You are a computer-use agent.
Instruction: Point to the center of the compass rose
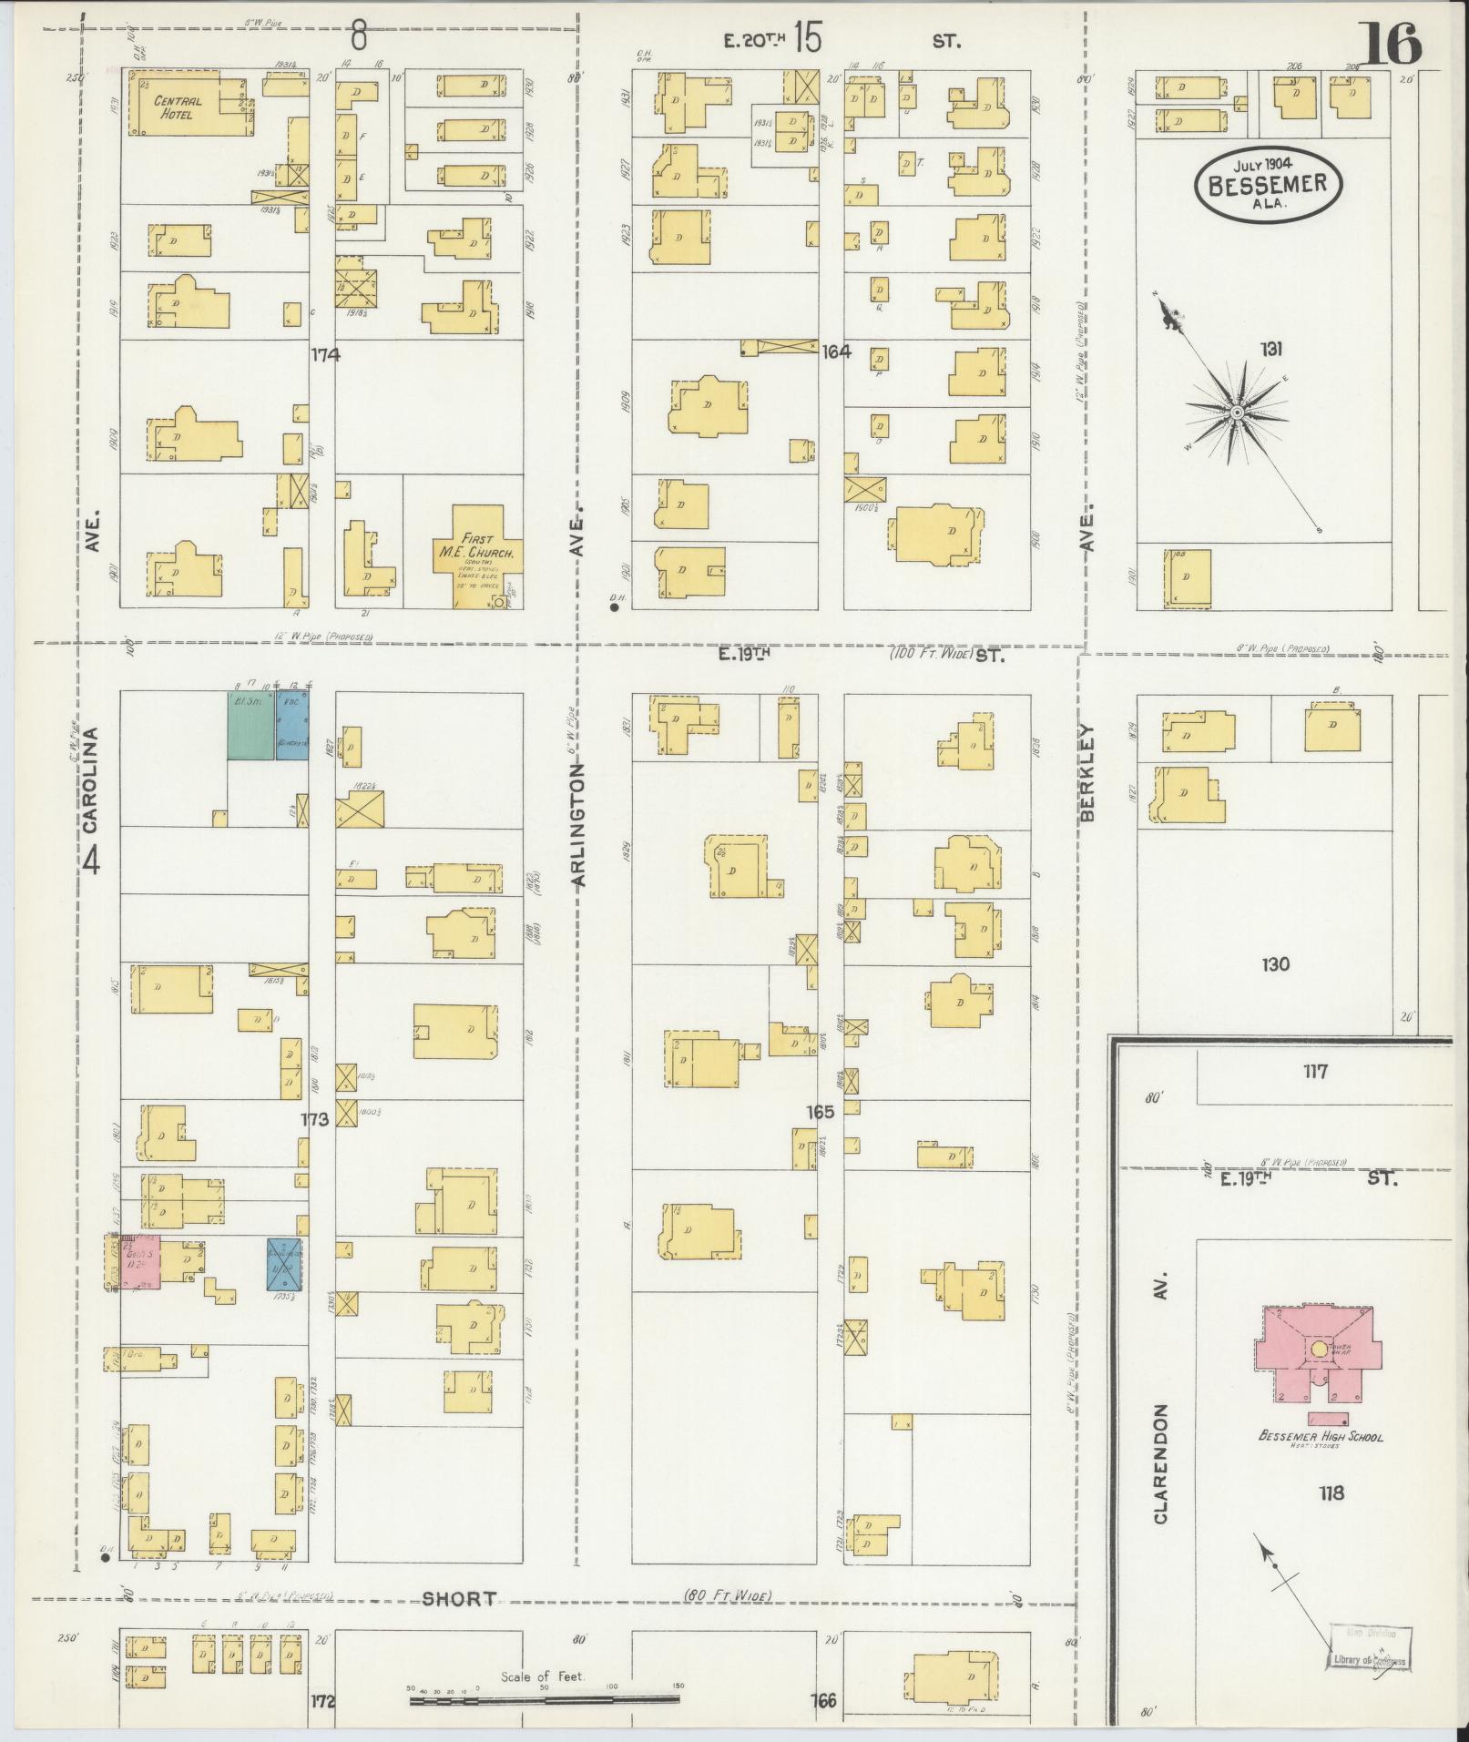(x=1237, y=413)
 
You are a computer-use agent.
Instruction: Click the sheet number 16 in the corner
(x=1391, y=45)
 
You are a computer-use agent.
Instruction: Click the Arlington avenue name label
(x=579, y=824)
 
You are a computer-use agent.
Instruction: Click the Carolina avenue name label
(x=89, y=779)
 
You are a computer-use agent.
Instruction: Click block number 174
(x=324, y=355)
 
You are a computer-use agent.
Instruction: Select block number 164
(x=835, y=351)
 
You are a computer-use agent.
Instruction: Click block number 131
(x=1271, y=348)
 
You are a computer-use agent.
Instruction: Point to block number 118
(x=1331, y=1493)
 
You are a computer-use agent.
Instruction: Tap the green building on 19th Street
(x=250, y=725)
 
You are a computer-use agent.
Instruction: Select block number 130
(x=1276, y=964)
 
